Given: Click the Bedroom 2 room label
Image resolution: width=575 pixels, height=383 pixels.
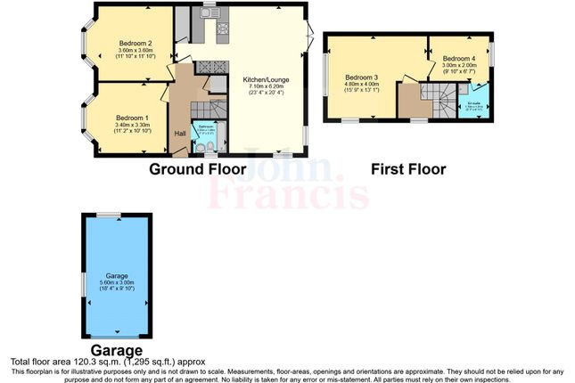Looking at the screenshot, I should click(x=136, y=43).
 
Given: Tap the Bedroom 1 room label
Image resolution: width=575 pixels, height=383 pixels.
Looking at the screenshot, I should click(x=131, y=118).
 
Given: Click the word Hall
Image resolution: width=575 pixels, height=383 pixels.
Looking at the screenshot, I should click(x=180, y=134).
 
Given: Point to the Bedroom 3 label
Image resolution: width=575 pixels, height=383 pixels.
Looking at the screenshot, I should click(x=363, y=77).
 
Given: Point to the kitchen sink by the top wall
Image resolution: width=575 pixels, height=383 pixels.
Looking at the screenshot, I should click(x=210, y=15).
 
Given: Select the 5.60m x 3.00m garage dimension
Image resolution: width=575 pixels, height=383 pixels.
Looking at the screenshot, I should click(x=119, y=283).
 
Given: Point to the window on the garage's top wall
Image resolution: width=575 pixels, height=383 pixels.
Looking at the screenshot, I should click(x=109, y=215).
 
